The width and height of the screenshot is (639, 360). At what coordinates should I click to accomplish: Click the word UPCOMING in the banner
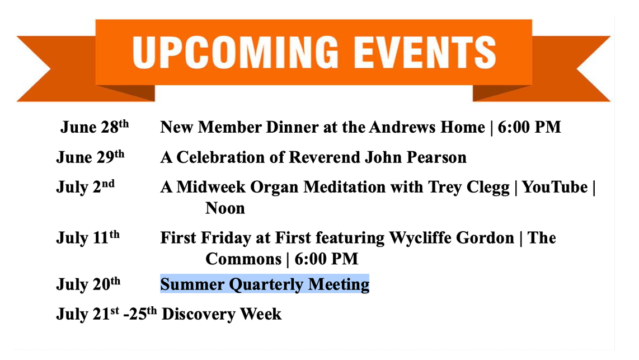236,52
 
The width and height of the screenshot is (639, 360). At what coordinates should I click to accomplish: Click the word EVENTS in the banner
425,52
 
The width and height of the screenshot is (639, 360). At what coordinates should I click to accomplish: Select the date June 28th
95,127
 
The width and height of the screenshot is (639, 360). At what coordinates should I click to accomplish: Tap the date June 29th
90,157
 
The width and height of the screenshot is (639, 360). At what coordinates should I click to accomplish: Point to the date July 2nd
85,186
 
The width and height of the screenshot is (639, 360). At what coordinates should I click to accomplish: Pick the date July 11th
88,237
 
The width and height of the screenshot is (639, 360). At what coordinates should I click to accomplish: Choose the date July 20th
88,284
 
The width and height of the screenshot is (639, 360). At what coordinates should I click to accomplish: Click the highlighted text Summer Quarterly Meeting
265,284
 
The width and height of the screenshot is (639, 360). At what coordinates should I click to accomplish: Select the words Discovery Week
222,314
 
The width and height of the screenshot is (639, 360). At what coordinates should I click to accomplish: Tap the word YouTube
555,187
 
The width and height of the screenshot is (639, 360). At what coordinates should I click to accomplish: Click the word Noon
225,208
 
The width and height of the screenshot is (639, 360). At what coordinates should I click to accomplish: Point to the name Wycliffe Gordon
452,238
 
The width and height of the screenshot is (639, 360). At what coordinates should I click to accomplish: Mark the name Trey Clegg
469,188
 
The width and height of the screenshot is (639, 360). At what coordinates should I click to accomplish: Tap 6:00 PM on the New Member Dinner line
529,127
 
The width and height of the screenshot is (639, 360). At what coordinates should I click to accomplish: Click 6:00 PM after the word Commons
326,259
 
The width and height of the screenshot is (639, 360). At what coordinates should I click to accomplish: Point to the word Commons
243,259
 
